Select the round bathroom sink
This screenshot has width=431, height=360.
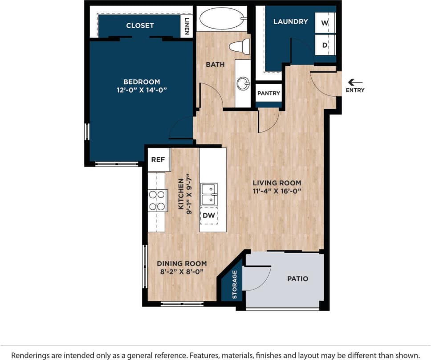pyautogui.click(x=243, y=83)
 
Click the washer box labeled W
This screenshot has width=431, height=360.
pyautogui.click(x=325, y=23)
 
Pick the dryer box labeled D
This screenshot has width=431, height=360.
pyautogui.click(x=325, y=45)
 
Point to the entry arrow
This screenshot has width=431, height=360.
pyautogui.click(x=355, y=82)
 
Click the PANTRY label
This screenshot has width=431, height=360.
pyautogui.click(x=268, y=93)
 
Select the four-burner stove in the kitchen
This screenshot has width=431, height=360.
pyautogui.click(x=157, y=200)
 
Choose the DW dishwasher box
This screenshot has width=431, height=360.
pyautogui.click(x=208, y=216)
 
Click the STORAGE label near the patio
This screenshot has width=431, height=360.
pyautogui.click(x=235, y=284)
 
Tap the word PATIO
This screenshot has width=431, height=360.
pyautogui.click(x=297, y=279)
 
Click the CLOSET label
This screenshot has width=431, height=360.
pyautogui.click(x=140, y=25)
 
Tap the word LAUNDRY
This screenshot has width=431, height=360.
pyautogui.click(x=290, y=21)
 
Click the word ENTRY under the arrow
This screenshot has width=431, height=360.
pyautogui.click(x=355, y=90)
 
